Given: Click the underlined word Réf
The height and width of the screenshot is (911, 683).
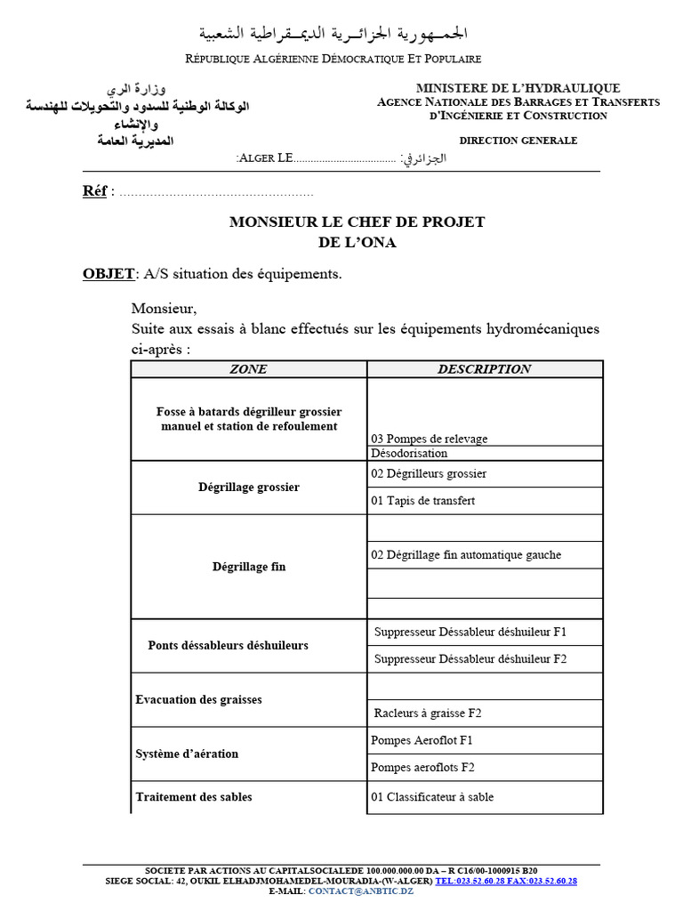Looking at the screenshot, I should point(94,191).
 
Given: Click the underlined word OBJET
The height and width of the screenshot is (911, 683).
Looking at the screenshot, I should point(108,274).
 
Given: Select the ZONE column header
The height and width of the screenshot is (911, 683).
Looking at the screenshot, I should point(248,369).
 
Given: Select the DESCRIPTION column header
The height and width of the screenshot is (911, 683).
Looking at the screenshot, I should point(484,369).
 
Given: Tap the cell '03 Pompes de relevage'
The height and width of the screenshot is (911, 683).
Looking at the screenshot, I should point(430,439).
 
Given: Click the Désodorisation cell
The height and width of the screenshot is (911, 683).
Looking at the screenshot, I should point(409,453).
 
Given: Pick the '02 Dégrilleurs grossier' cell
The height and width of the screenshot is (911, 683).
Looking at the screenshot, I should point(429,473).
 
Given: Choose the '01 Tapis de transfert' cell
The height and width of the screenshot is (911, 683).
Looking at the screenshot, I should point(423,500).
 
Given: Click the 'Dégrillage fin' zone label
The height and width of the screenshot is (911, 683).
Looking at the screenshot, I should point(249,566).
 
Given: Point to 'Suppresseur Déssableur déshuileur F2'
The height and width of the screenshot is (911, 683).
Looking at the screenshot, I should point(470,659).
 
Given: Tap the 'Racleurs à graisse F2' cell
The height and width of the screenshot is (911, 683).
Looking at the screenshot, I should point(428,713).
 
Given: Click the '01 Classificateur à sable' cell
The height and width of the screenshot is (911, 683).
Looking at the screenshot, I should point(432,797).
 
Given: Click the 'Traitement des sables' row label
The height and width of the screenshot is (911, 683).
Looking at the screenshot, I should point(194,796).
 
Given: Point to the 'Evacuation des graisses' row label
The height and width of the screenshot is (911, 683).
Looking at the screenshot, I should point(199,700).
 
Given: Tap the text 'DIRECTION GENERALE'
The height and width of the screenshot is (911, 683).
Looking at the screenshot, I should point(518,141).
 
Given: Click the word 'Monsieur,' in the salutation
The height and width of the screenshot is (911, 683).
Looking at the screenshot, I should point(164,309).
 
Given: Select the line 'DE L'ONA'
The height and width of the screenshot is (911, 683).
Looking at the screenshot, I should point(358,243).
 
